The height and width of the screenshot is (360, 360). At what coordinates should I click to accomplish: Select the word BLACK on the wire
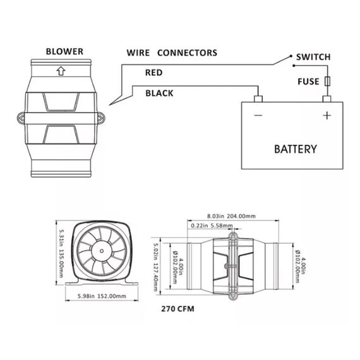coord(159,93)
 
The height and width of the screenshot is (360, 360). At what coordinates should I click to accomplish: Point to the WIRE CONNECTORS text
coord(172,52)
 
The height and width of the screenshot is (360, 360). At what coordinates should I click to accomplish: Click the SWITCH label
coord(313,57)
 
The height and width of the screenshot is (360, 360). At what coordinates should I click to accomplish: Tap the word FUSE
coord(308,82)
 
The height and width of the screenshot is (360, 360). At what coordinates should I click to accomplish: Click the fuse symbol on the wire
coord(327,82)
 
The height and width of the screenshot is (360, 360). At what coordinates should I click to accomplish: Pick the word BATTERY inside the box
coord(295,150)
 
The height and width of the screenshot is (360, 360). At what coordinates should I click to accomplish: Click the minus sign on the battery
coord(258,116)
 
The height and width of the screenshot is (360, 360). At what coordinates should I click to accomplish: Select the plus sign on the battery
coord(327,116)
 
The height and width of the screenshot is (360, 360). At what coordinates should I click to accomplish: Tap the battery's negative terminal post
coord(258,99)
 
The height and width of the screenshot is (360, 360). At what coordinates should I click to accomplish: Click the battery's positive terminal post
coord(327,99)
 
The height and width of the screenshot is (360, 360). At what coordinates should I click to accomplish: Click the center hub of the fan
coord(102,251)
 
